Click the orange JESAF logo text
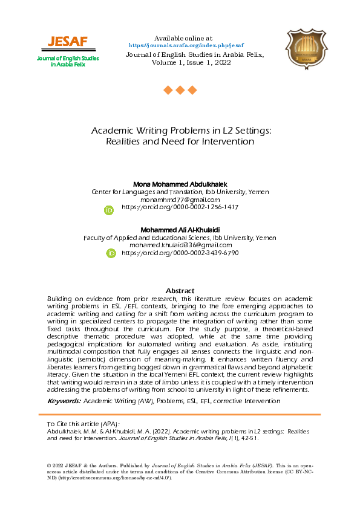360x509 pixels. coord(68,41)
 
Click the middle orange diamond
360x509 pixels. coord(180,90)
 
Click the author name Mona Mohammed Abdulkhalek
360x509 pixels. coord(180,184)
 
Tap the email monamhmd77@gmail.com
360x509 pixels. coord(180,199)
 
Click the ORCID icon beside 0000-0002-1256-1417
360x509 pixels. coord(110,210)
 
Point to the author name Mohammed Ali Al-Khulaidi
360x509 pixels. coord(180,230)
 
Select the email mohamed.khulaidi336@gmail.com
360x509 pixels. coord(180,245)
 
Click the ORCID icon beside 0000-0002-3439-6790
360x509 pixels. coord(111,253)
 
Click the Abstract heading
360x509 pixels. coord(180,291)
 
